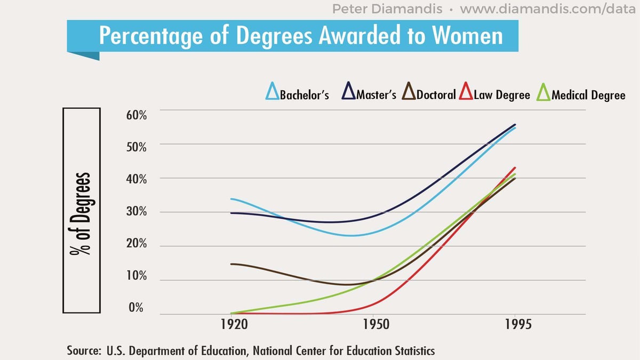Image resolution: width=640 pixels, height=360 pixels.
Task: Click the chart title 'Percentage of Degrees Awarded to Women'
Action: tap(301, 35)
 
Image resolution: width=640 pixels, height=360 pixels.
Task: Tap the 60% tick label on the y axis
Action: tap(136, 115)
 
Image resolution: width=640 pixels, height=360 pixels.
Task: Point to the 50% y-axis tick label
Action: tap(136, 147)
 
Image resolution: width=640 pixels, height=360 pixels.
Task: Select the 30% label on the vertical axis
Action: tap(136, 212)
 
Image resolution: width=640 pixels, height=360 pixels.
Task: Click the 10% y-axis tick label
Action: tap(136, 276)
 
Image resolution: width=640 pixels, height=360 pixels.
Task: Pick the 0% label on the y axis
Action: tap(136, 308)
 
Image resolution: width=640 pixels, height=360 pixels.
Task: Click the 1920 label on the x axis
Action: tap(234, 325)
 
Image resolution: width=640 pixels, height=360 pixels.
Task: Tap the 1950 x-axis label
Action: tap(377, 325)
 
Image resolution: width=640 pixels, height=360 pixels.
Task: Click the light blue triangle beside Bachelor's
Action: tap(272, 93)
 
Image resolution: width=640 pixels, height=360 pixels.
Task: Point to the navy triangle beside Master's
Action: tap(349, 93)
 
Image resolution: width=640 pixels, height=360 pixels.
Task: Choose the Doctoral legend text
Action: tap(436, 95)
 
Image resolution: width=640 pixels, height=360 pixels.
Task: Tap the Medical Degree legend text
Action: tap(588, 95)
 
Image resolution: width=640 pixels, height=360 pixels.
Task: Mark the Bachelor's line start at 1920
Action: tap(231, 199)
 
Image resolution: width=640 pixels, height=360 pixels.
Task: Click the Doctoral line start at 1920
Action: tap(231, 263)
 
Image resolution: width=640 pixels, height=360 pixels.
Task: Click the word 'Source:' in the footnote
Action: tap(84, 351)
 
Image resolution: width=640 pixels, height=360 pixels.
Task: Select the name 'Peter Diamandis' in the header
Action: tap(387, 9)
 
